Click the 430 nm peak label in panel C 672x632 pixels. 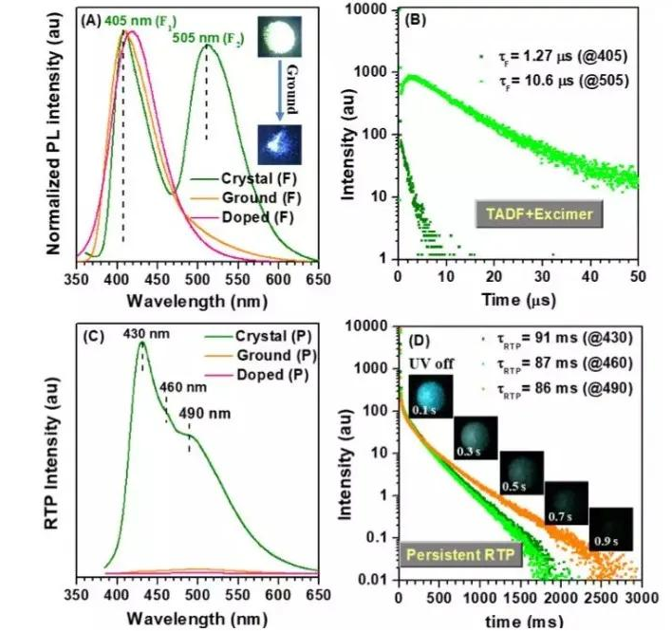click(141, 332)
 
